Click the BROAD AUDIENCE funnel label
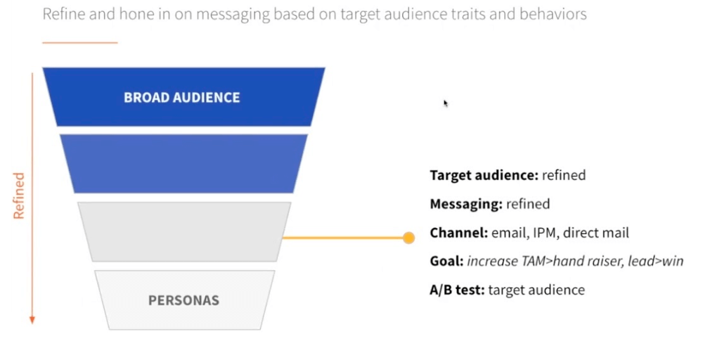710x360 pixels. [182, 97]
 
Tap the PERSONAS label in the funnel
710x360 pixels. [183, 300]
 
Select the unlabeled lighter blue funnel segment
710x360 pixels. [183, 163]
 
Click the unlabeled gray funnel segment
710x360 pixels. [183, 231]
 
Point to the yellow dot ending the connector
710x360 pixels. [408, 238]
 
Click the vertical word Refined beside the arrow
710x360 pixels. [19, 195]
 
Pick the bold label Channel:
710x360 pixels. [458, 233]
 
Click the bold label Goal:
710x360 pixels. [446, 262]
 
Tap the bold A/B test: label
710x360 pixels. [457, 290]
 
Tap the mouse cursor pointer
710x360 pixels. [446, 103]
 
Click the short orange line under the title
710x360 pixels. [79, 43]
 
